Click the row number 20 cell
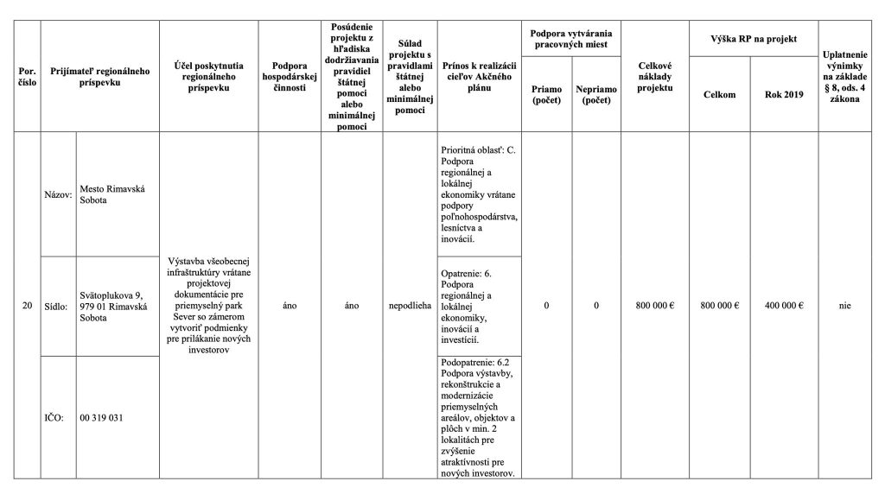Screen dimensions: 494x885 coord(28,306)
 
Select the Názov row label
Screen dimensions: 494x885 coord(58,194)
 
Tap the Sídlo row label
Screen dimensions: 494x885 coord(58,306)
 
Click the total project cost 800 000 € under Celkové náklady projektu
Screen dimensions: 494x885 coord(654,306)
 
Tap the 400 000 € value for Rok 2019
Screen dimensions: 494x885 coord(784,306)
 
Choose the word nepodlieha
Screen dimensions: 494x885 coord(411,306)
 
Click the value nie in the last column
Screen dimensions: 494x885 coord(845,306)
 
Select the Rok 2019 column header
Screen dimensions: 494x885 coord(784,94)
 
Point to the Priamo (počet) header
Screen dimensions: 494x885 coord(546,94)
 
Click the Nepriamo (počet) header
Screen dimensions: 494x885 coord(596,94)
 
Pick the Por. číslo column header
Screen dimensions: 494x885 coord(28,76)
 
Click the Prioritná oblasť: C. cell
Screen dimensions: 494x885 coord(479,194)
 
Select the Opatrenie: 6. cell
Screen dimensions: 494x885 coord(479,306)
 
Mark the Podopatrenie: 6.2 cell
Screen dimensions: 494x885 coord(479,417)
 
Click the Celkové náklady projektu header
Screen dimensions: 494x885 coord(654,76)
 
